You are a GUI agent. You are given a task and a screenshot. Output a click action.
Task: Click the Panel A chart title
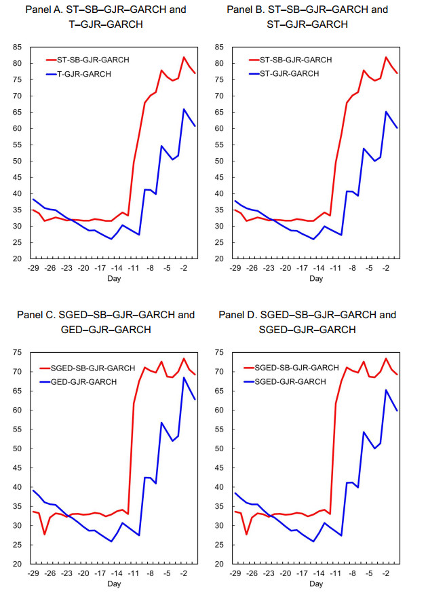106,17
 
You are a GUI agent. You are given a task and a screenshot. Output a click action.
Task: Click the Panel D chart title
307,322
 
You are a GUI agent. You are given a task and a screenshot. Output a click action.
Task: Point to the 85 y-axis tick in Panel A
18,47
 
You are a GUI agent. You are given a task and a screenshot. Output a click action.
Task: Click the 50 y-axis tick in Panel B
219,161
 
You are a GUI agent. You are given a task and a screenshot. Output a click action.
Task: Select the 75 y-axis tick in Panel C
18,352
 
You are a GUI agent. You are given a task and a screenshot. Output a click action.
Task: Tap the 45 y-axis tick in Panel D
219,468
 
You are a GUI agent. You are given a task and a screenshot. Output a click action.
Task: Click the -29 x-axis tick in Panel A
33,268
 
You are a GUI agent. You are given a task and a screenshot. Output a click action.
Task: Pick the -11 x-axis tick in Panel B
335,268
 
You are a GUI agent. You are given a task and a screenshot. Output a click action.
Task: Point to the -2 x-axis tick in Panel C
183,573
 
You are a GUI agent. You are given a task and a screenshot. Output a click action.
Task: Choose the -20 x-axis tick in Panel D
285,573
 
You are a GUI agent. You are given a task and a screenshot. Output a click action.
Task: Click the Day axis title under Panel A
114,279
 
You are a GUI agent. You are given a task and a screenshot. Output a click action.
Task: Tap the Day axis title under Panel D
316,584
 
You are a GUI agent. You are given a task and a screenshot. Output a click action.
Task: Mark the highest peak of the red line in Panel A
184,57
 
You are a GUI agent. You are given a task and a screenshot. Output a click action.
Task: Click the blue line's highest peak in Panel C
184,377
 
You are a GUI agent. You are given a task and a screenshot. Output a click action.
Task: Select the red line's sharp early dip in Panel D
246,535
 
